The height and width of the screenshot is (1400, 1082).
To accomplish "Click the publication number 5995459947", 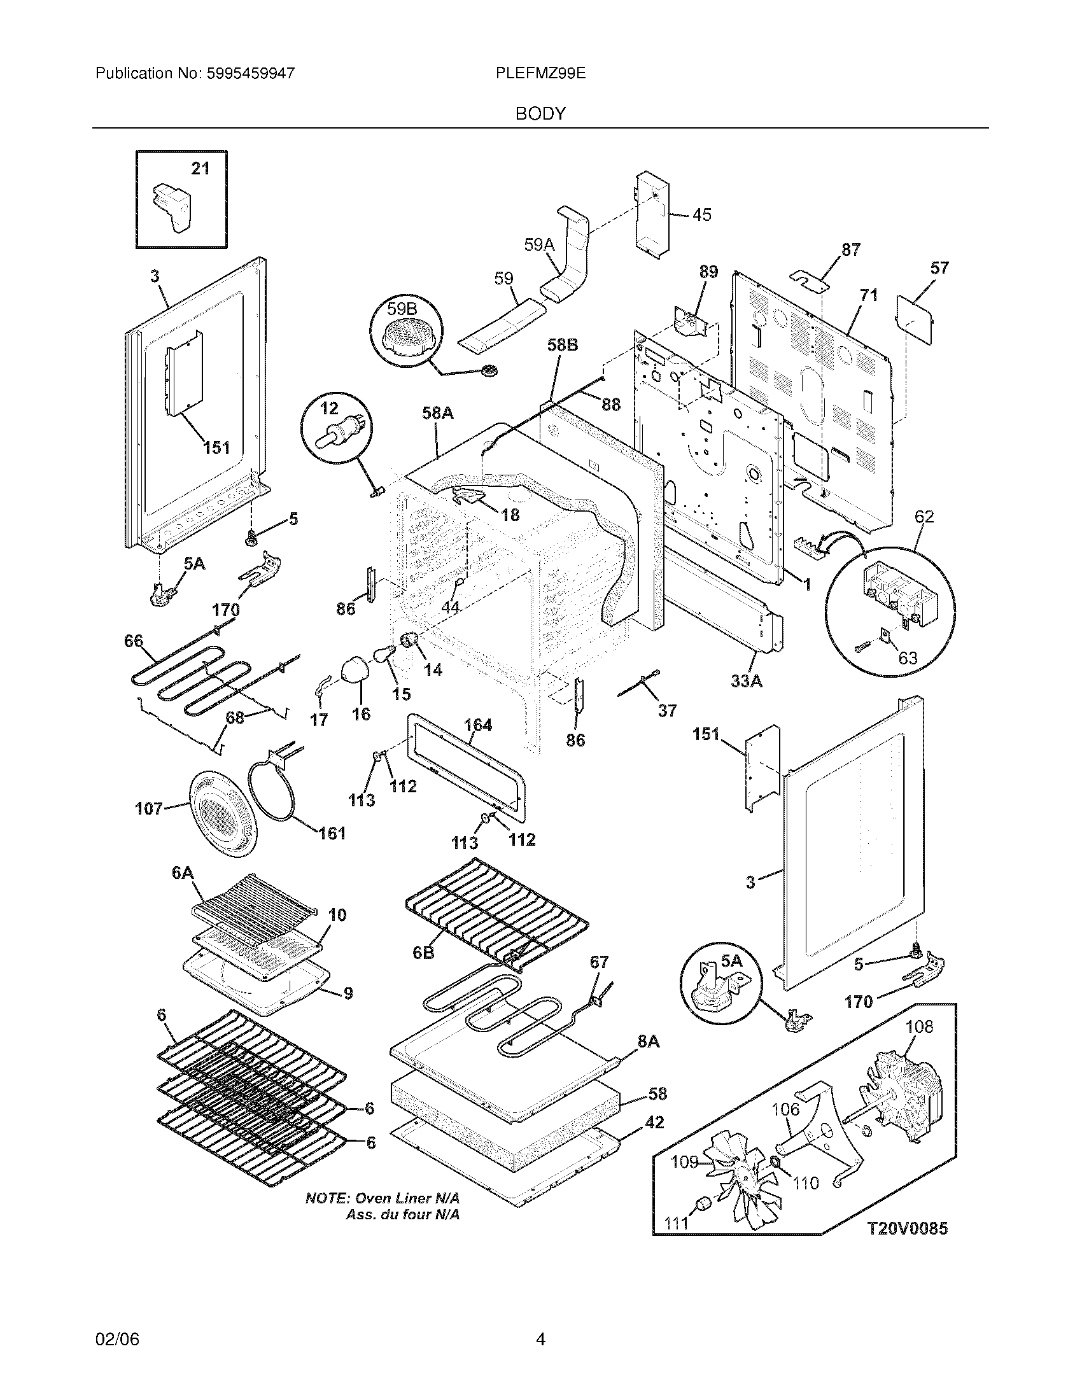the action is (250, 73).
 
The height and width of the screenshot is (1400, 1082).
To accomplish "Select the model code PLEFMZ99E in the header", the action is (540, 73).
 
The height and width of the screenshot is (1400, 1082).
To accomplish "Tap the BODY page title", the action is (540, 113).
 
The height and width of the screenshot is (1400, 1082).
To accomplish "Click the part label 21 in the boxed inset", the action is (200, 168).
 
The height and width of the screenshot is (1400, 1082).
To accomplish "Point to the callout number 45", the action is (702, 214).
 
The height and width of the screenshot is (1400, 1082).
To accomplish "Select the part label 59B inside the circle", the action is (402, 309).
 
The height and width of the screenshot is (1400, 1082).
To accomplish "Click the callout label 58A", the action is (437, 414).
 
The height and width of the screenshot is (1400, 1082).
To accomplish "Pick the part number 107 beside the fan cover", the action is (149, 809).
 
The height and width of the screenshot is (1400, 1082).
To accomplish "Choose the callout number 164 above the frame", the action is (477, 725).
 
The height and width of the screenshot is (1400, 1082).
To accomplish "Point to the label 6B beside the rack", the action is (424, 970).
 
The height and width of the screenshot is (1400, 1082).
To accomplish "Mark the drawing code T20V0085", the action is (907, 1228).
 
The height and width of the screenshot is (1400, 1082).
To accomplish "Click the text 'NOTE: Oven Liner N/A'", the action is (383, 1198).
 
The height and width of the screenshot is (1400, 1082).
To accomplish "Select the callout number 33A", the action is (747, 681).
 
